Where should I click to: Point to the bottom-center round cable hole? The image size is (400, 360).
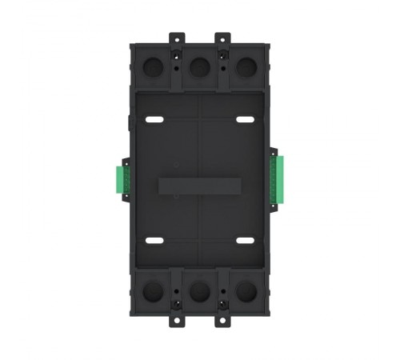(199, 290)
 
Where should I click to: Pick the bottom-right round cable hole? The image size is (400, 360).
(246, 290)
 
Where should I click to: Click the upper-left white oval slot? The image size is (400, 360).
(155, 120)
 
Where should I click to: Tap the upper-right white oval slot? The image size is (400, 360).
(244, 120)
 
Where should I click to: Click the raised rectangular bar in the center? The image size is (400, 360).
(199, 183)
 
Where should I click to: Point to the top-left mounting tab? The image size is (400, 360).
(176, 38)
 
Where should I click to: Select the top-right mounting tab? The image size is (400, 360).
(223, 38)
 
